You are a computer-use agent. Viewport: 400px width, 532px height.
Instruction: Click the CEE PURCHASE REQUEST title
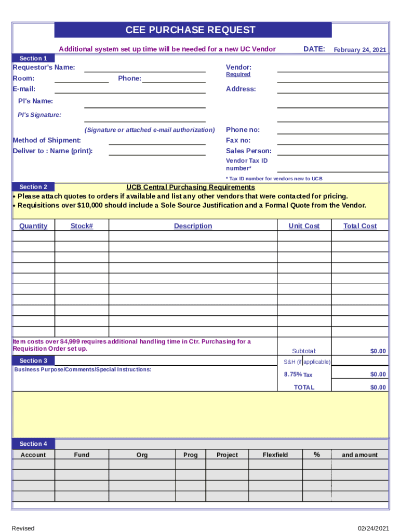[191, 30]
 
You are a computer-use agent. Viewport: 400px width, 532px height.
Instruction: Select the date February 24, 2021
[359, 50]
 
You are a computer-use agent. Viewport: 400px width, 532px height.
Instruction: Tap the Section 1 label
[33, 58]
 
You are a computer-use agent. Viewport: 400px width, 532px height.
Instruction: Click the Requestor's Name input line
[145, 68]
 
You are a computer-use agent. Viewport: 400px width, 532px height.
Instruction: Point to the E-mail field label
[24, 89]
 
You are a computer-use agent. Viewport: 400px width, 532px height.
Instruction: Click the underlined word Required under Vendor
[238, 74]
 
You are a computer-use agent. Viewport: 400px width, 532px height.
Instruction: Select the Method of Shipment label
[47, 140]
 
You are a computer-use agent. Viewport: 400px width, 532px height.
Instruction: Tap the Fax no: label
[238, 140]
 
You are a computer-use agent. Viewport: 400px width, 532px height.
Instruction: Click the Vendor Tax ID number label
[247, 165]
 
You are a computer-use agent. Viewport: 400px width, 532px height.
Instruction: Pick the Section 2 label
[33, 187]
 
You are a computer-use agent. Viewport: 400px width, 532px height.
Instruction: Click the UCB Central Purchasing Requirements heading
[191, 187]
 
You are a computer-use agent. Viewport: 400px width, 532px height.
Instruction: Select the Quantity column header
[33, 226]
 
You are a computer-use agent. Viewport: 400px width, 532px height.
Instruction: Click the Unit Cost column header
[304, 226]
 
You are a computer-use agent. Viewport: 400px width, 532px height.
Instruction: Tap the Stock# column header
[82, 226]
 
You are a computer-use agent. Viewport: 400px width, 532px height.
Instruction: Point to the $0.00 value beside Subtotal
[378, 352]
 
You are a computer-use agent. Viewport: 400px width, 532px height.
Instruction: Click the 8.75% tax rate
[292, 375]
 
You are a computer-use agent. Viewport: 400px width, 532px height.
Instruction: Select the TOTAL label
[304, 388]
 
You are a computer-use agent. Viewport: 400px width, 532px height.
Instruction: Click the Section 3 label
[33, 361]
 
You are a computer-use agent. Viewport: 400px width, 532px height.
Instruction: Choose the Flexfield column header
[275, 455]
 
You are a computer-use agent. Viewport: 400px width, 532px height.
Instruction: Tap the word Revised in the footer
[23, 528]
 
